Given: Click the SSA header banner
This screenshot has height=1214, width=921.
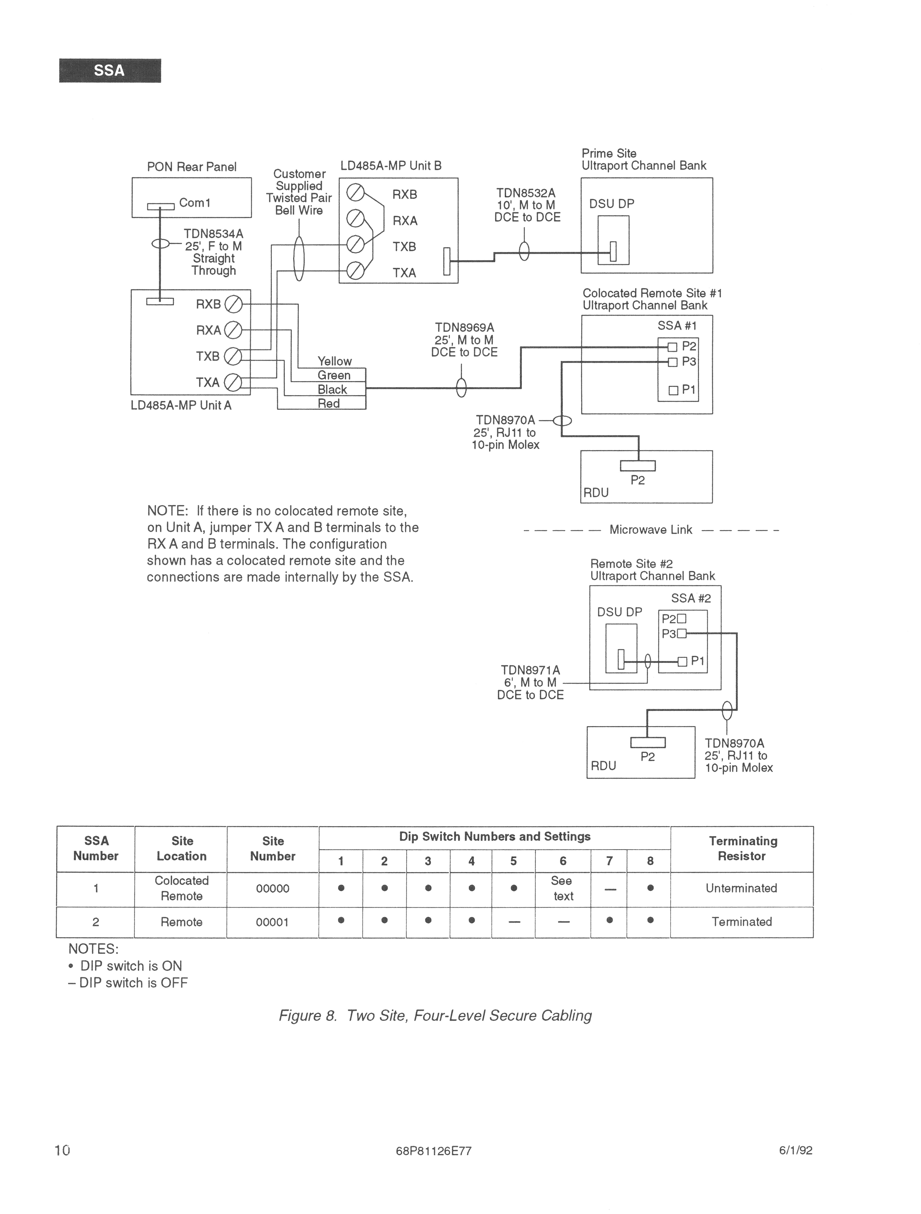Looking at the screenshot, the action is [x=110, y=70].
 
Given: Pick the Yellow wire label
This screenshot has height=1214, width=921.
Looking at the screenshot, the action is [x=335, y=361].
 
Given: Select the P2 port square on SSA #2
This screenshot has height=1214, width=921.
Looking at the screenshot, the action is [x=682, y=619].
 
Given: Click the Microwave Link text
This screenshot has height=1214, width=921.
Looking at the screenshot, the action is [x=651, y=530].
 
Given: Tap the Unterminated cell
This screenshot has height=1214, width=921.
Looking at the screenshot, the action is [x=742, y=888].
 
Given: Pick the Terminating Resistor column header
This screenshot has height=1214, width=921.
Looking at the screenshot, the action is [x=743, y=848].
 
